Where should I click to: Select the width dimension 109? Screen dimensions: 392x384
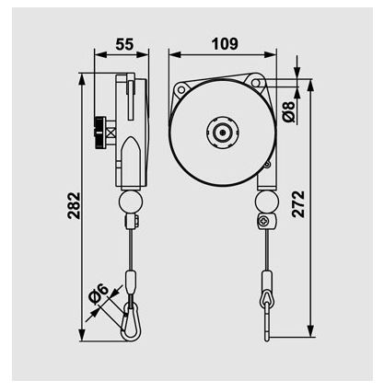[x=224, y=43]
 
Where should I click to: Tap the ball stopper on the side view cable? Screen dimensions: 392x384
[x=130, y=201]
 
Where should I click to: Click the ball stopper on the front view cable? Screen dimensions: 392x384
[x=267, y=202]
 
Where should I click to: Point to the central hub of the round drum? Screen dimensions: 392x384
[x=222, y=132]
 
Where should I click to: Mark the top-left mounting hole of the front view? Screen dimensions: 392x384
[x=181, y=89]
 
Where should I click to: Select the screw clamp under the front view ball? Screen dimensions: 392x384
[x=266, y=222]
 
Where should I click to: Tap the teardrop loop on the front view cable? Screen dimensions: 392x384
[x=266, y=297]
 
